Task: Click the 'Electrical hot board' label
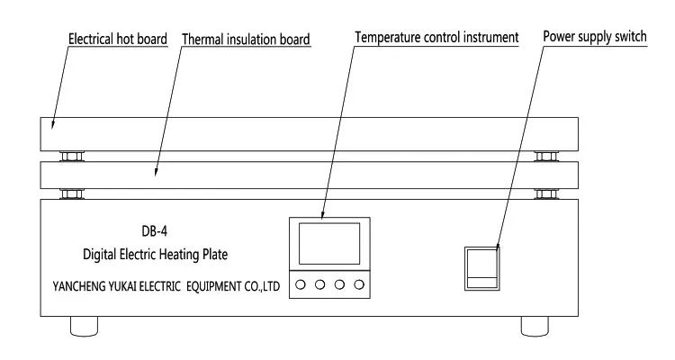point(118,39)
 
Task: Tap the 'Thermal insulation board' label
point(246,40)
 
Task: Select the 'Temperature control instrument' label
point(436,38)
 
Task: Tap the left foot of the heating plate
point(83,324)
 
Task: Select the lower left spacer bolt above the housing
point(70,193)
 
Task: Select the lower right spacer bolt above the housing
point(544,193)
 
